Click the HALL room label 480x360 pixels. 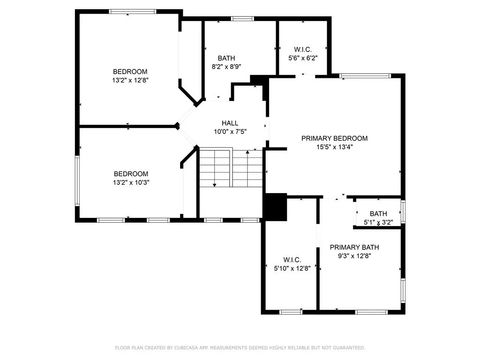click(x=229, y=123)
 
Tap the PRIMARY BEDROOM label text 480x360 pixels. click(x=335, y=138)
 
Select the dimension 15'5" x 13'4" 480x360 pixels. click(x=335, y=149)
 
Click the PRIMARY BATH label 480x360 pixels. click(x=354, y=247)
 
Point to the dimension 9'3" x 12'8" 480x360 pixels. click(x=354, y=257)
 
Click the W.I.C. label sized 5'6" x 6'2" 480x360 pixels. click(x=302, y=50)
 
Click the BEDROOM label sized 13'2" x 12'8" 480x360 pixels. click(x=130, y=71)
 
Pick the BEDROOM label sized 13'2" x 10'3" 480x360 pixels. click(x=130, y=173)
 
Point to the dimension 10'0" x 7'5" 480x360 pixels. click(x=229, y=132)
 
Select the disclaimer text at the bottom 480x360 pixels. click(x=239, y=347)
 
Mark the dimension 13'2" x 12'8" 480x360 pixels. click(x=130, y=82)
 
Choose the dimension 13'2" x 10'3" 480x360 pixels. click(x=130, y=183)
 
